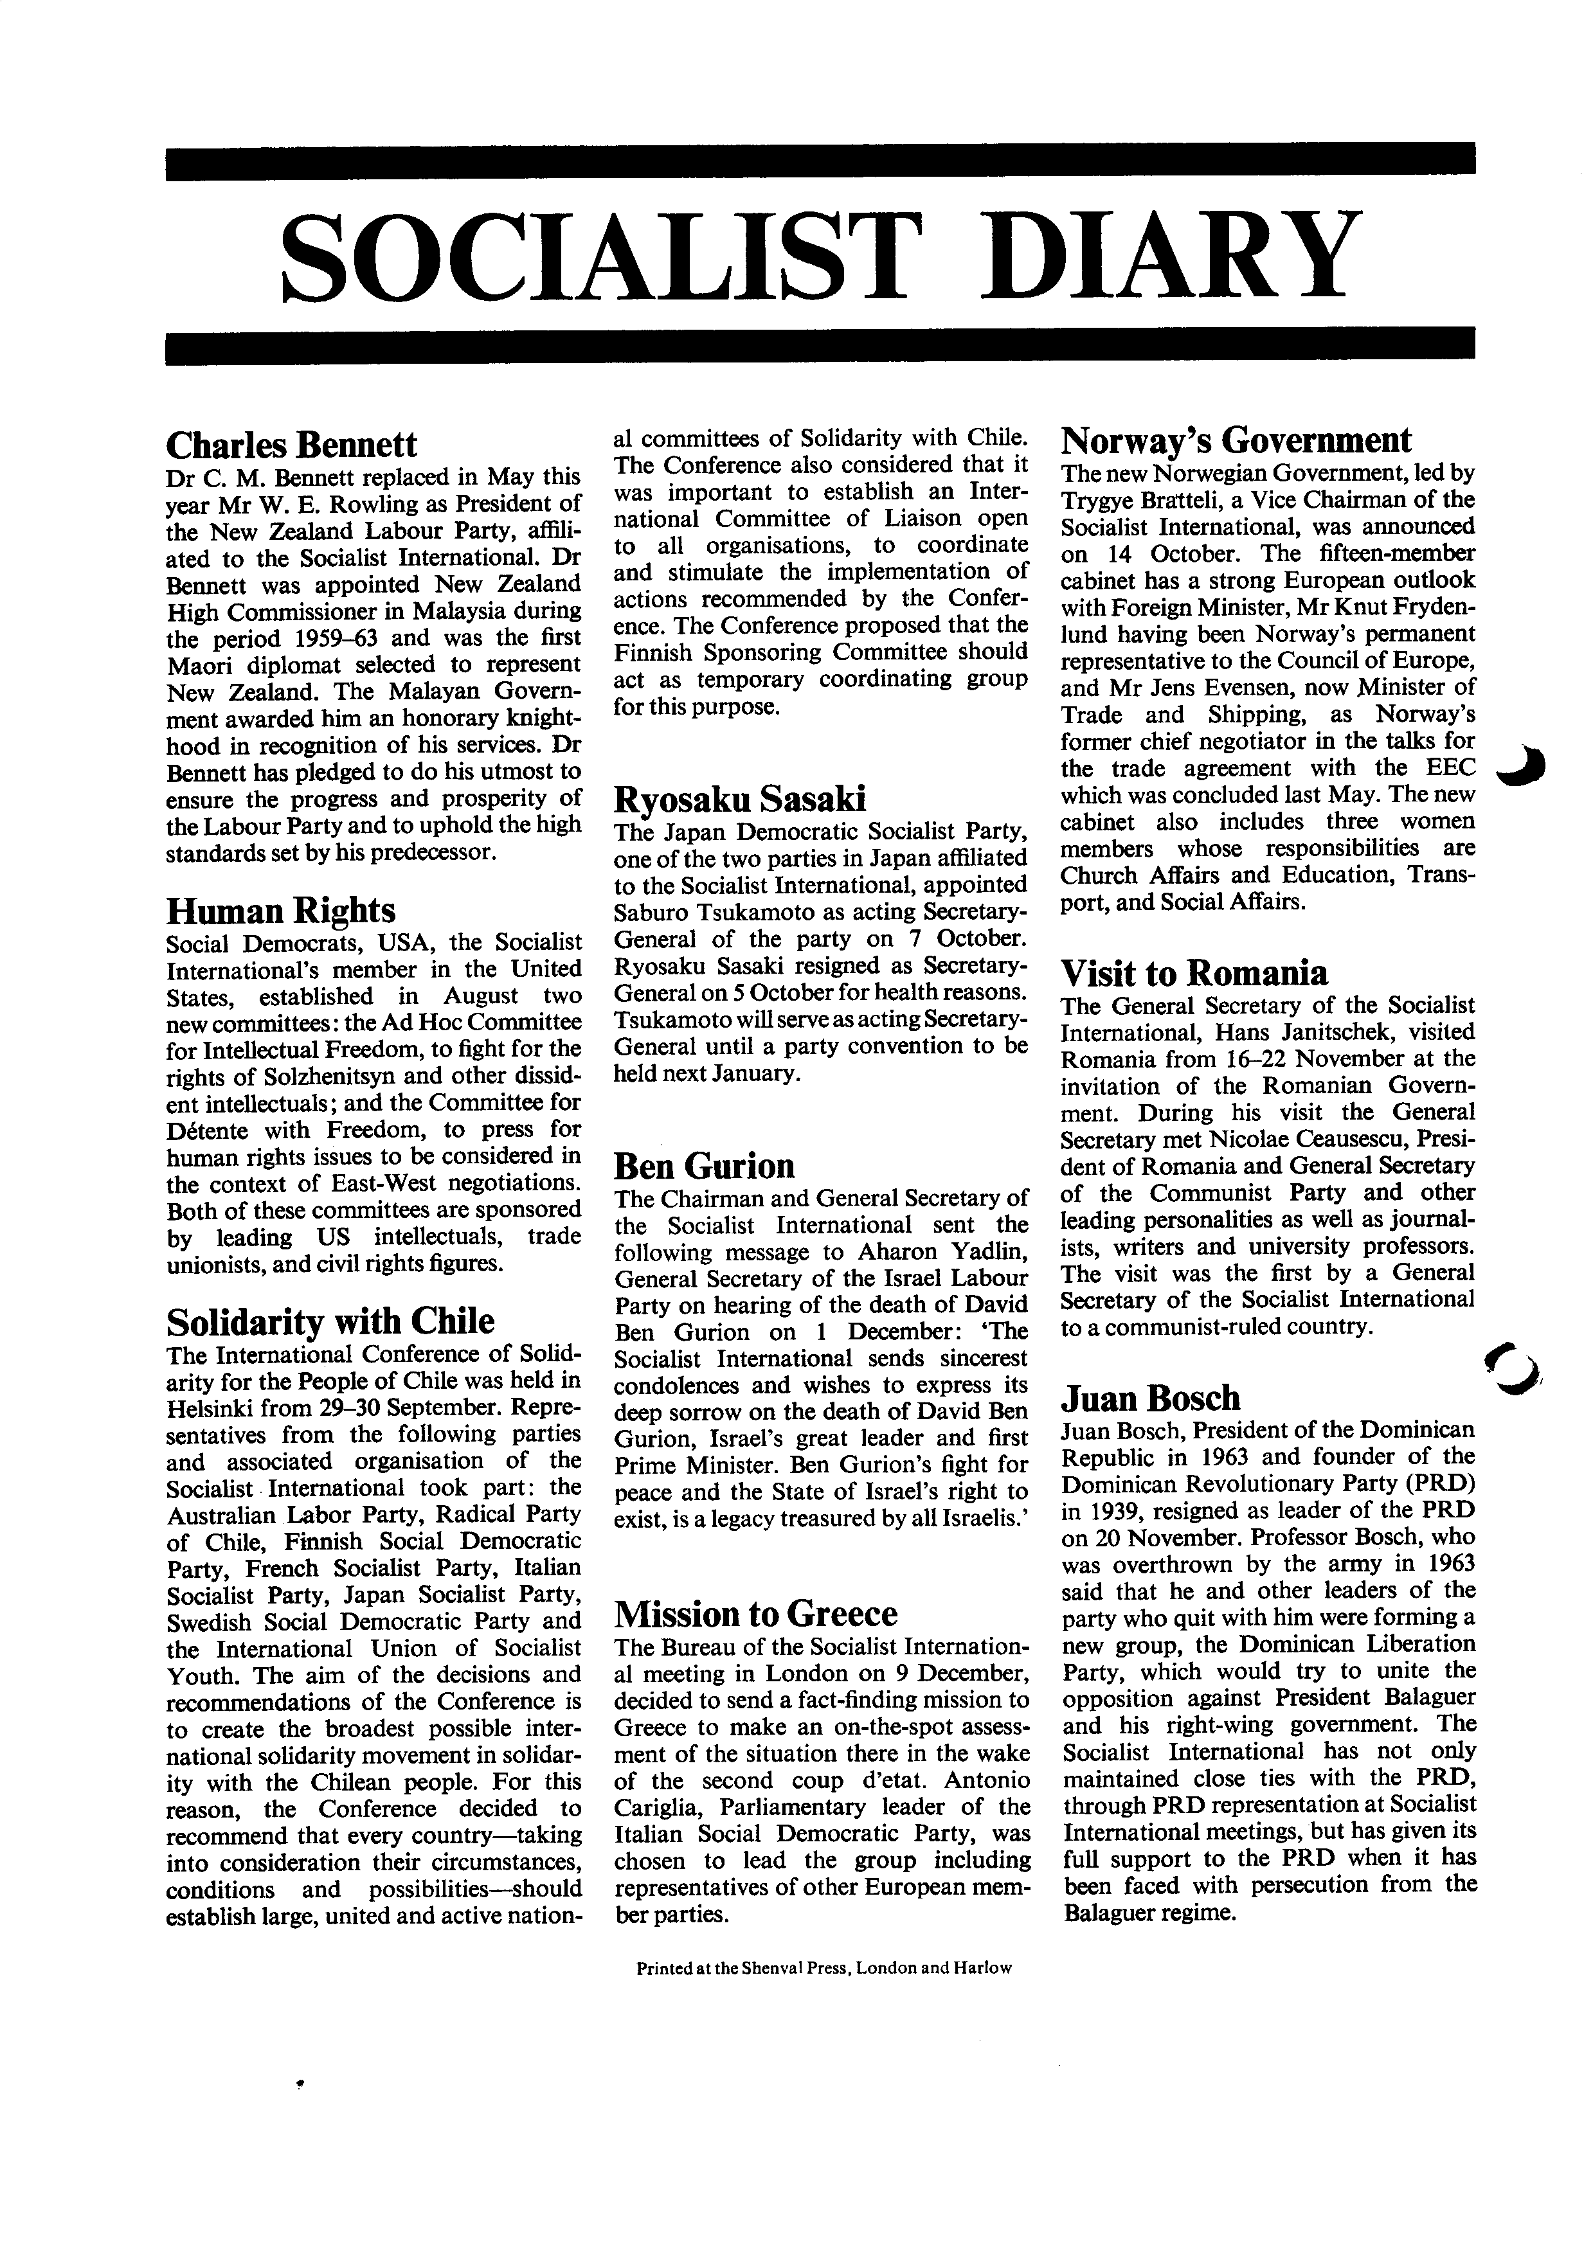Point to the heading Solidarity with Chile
click(x=330, y=1321)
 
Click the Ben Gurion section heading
click(x=703, y=1165)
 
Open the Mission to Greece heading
click(x=755, y=1613)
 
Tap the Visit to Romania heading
click(x=1194, y=972)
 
